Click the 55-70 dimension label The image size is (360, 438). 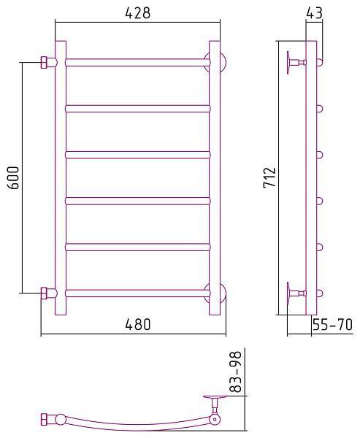point(332,326)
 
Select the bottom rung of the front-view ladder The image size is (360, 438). point(137,293)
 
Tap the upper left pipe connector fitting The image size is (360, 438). point(47,62)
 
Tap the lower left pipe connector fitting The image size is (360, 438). point(47,293)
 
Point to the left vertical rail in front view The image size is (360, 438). point(61,177)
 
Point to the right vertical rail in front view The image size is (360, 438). point(214,177)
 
